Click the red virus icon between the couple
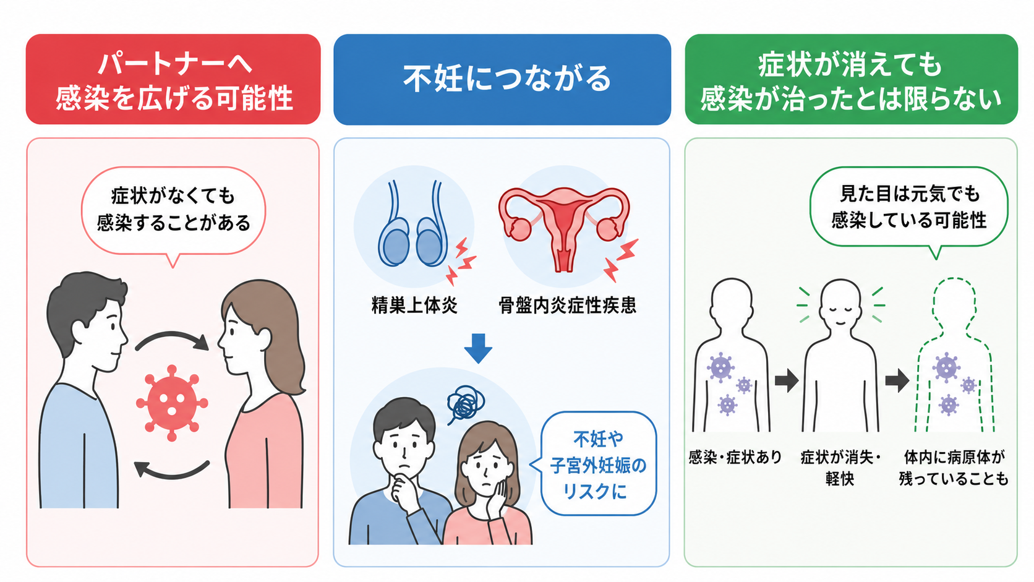172,403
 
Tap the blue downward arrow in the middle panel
478,348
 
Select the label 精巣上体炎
414,306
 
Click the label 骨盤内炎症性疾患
567,306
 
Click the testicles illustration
413,224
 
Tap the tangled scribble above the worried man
465,404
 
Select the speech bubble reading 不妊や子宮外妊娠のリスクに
597,464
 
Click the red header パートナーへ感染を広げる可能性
173,79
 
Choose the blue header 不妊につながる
502,79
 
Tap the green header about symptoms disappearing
851,79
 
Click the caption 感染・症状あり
735,458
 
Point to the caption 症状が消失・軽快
840,468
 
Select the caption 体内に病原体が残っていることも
954,468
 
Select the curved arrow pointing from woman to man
172,474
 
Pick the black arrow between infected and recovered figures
787,380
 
